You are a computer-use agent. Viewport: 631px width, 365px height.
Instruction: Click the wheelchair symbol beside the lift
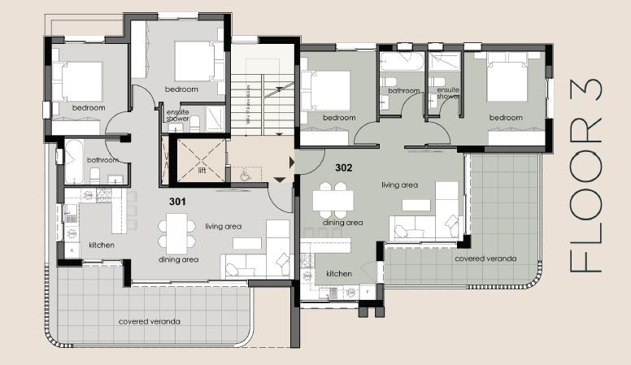click(x=244, y=172)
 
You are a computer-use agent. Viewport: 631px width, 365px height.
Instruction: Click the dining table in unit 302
click(x=334, y=198)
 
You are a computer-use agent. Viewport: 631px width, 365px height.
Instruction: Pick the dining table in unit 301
click(x=177, y=232)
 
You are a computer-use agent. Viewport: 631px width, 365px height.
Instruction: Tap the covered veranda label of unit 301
click(x=149, y=321)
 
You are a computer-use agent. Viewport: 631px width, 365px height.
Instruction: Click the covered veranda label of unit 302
click(x=485, y=259)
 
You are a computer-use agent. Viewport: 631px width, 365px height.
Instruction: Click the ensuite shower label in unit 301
click(x=178, y=115)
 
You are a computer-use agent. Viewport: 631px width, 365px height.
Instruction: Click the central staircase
click(x=262, y=102)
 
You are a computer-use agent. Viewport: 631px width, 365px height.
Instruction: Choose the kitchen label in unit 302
click(x=339, y=274)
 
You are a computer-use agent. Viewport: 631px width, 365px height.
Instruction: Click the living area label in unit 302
click(x=399, y=185)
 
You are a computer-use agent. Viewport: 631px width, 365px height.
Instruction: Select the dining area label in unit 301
click(x=179, y=260)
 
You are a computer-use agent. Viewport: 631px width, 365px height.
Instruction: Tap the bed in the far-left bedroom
click(x=77, y=81)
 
